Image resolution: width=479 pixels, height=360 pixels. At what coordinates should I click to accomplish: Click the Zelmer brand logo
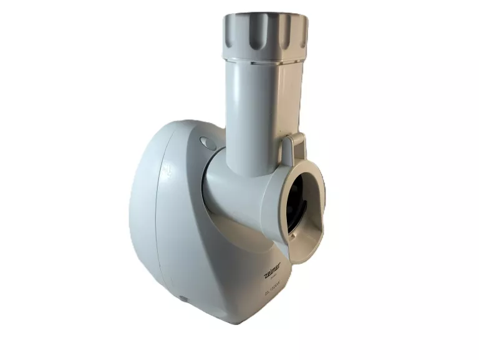[x=272, y=267]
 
